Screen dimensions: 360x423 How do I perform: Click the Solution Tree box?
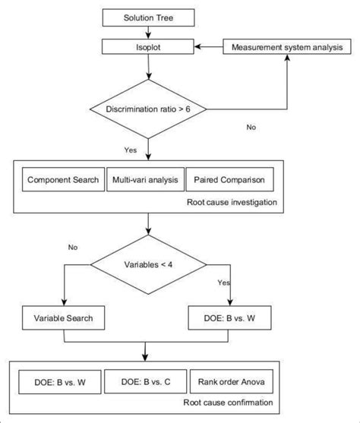(148, 17)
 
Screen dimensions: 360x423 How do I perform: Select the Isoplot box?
(148, 46)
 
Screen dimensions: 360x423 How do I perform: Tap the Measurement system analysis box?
(287, 46)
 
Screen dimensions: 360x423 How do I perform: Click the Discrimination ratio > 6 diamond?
(148, 109)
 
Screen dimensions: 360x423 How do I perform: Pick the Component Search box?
(63, 179)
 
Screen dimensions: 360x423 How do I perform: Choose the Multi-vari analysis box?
(145, 179)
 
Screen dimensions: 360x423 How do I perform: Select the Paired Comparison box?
(229, 179)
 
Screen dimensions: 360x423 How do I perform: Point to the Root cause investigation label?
(232, 202)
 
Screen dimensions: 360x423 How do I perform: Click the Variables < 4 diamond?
(148, 264)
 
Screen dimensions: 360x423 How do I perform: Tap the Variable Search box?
(64, 317)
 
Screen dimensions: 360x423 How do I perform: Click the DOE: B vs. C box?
(146, 381)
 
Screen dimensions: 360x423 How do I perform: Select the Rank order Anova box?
(232, 381)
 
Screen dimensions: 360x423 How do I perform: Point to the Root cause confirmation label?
(228, 402)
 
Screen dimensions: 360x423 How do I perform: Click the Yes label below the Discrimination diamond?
(131, 150)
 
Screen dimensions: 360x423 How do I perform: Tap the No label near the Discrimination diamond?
(251, 127)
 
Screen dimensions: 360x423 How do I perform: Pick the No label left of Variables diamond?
(73, 247)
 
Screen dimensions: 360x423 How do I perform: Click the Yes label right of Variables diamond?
(224, 283)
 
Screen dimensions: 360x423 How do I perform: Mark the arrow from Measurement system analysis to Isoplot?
(209, 46)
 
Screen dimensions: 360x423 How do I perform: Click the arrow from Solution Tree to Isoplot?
(148, 33)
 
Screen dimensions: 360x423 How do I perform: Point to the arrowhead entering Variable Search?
(64, 302)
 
